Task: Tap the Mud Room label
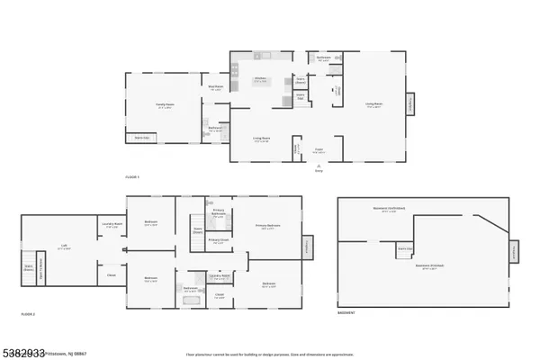tap(216, 88)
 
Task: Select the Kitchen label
tap(260, 79)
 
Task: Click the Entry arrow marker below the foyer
tap(319, 167)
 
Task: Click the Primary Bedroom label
tap(267, 227)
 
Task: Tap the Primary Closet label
tap(218, 240)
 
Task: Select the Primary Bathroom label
tap(218, 212)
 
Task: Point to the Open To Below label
tap(199, 230)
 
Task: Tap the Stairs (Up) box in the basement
tap(405, 248)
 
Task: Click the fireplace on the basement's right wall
tap(515, 253)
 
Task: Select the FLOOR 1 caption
tap(132, 178)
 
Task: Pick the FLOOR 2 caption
tap(28, 313)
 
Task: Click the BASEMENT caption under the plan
tap(346, 313)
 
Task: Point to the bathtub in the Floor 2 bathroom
tap(189, 299)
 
